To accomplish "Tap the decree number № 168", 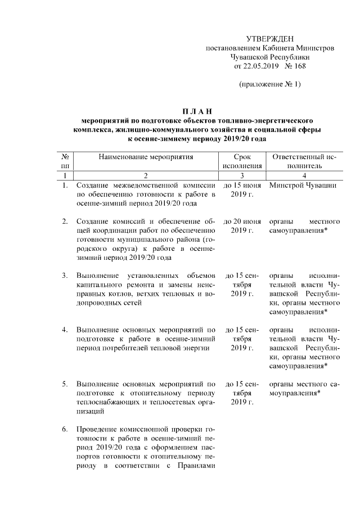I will [295, 66].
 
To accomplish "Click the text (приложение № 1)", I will [270, 85].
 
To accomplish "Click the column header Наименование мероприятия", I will [146, 157].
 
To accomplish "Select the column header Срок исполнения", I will [242, 161].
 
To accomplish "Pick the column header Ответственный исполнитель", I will [303, 161].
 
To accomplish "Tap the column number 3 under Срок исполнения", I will [242, 175].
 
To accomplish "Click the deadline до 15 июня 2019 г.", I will [242, 190].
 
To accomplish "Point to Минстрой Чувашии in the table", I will [303, 186].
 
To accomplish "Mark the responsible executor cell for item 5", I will [303, 389].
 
